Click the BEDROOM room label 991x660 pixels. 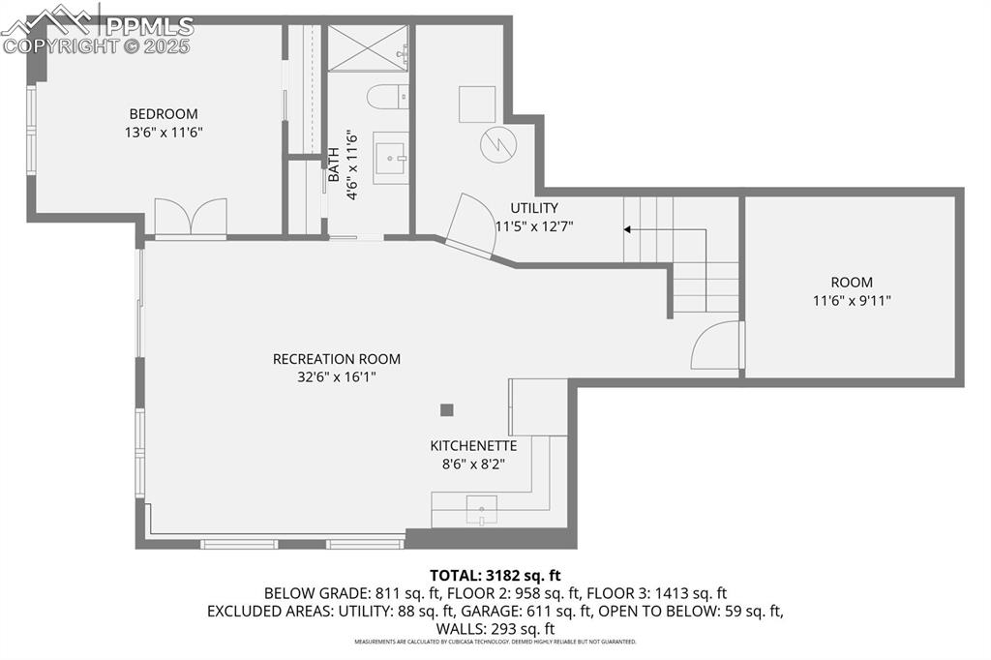[x=164, y=113]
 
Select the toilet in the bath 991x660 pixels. [x=383, y=99]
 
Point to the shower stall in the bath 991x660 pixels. [x=367, y=48]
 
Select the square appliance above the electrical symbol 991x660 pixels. [x=476, y=104]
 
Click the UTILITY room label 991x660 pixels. [x=534, y=208]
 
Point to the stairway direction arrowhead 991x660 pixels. [x=627, y=229]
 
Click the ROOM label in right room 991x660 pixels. [x=852, y=283]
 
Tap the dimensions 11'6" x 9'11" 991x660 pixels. [x=852, y=301]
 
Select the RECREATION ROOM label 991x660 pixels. [x=336, y=359]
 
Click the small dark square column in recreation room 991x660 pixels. [x=446, y=409]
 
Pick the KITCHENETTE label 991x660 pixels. [x=473, y=446]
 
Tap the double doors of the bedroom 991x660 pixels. [x=191, y=218]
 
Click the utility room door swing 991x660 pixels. [x=473, y=224]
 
